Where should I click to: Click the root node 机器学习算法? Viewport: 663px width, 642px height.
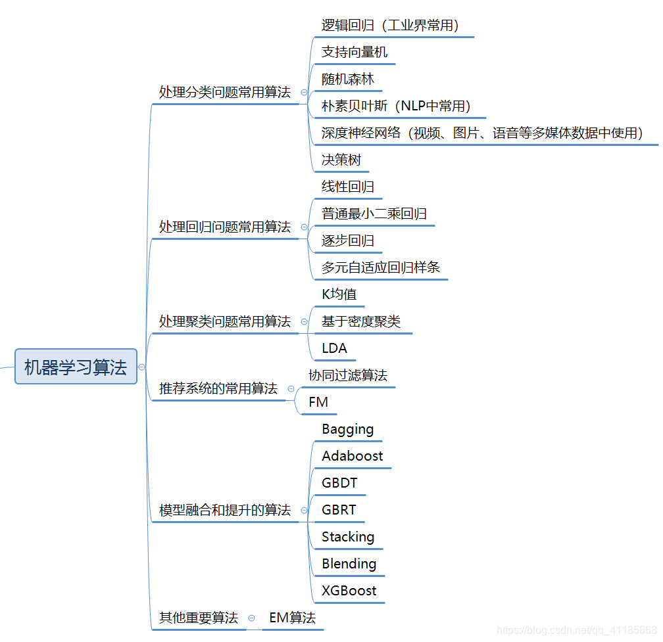[76, 367]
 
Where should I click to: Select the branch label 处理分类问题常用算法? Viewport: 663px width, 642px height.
[224, 93]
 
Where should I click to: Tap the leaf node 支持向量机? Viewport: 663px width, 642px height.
[354, 52]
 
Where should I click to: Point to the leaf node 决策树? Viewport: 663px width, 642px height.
[341, 160]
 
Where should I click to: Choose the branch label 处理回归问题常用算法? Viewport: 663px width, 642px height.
[224, 227]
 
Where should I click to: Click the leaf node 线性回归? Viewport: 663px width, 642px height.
[347, 187]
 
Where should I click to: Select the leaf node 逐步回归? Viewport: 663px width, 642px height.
[347, 241]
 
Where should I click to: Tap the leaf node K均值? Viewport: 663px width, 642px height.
[339, 294]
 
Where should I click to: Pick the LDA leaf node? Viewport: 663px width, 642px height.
[334, 348]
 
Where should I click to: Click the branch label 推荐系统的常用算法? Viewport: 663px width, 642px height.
[218, 388]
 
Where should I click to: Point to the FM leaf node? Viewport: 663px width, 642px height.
[318, 402]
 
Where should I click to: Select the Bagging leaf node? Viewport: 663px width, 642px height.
[347, 429]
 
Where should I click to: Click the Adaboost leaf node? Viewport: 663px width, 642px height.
[352, 456]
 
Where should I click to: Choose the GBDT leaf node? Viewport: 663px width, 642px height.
[339, 483]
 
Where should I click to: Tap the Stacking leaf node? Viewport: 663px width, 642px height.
[347, 537]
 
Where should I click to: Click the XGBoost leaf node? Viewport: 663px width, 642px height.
[349, 591]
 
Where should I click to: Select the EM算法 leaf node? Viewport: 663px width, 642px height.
[292, 618]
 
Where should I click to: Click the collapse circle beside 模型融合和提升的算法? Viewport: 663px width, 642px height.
[304, 510]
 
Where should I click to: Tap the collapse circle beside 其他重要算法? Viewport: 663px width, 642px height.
[251, 618]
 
